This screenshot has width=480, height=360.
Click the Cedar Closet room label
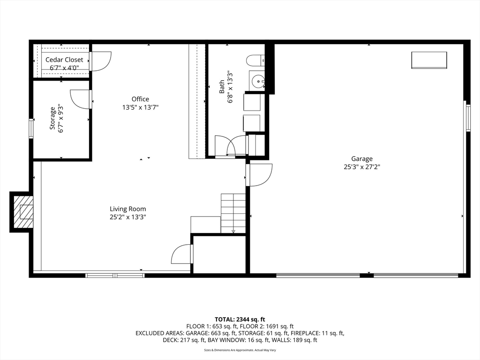click(64, 60)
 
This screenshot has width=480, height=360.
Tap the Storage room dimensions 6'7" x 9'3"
click(61, 119)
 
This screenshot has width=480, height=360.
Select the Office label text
click(140, 99)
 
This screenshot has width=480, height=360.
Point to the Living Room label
click(128, 209)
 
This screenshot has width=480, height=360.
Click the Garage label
click(362, 158)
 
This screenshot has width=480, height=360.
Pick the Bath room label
click(222, 87)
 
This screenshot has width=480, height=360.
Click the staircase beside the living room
click(233, 213)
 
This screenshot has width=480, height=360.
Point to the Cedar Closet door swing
click(101, 61)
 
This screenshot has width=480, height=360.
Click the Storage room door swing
click(81, 99)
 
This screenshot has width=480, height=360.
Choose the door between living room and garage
click(260, 175)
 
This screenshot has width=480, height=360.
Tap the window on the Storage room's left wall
click(31, 128)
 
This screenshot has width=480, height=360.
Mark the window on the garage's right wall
click(468, 118)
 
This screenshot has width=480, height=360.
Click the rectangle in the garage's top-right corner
click(429, 60)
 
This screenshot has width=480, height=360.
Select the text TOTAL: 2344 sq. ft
click(240, 320)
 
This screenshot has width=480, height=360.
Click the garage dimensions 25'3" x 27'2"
click(362, 167)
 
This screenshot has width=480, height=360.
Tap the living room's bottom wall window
click(115, 276)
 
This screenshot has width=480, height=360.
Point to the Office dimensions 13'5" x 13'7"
click(140, 107)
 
